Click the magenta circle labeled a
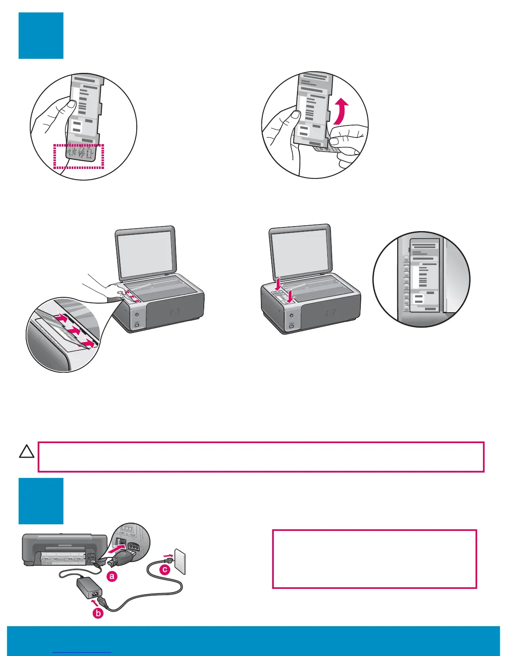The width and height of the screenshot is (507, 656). point(112,576)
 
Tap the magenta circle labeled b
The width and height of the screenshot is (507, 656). point(98,613)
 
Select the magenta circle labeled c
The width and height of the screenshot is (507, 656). point(165,569)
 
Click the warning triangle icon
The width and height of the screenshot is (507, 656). point(27,452)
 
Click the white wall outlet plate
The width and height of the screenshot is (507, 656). point(180,562)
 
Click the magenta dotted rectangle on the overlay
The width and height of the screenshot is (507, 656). point(79,157)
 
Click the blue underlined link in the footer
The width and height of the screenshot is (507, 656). point(82,652)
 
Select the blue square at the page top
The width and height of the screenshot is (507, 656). point(41,36)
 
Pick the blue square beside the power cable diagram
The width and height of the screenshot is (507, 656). point(41,501)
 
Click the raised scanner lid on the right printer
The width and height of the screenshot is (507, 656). point(300,251)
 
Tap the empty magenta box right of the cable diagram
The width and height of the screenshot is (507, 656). point(374,559)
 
